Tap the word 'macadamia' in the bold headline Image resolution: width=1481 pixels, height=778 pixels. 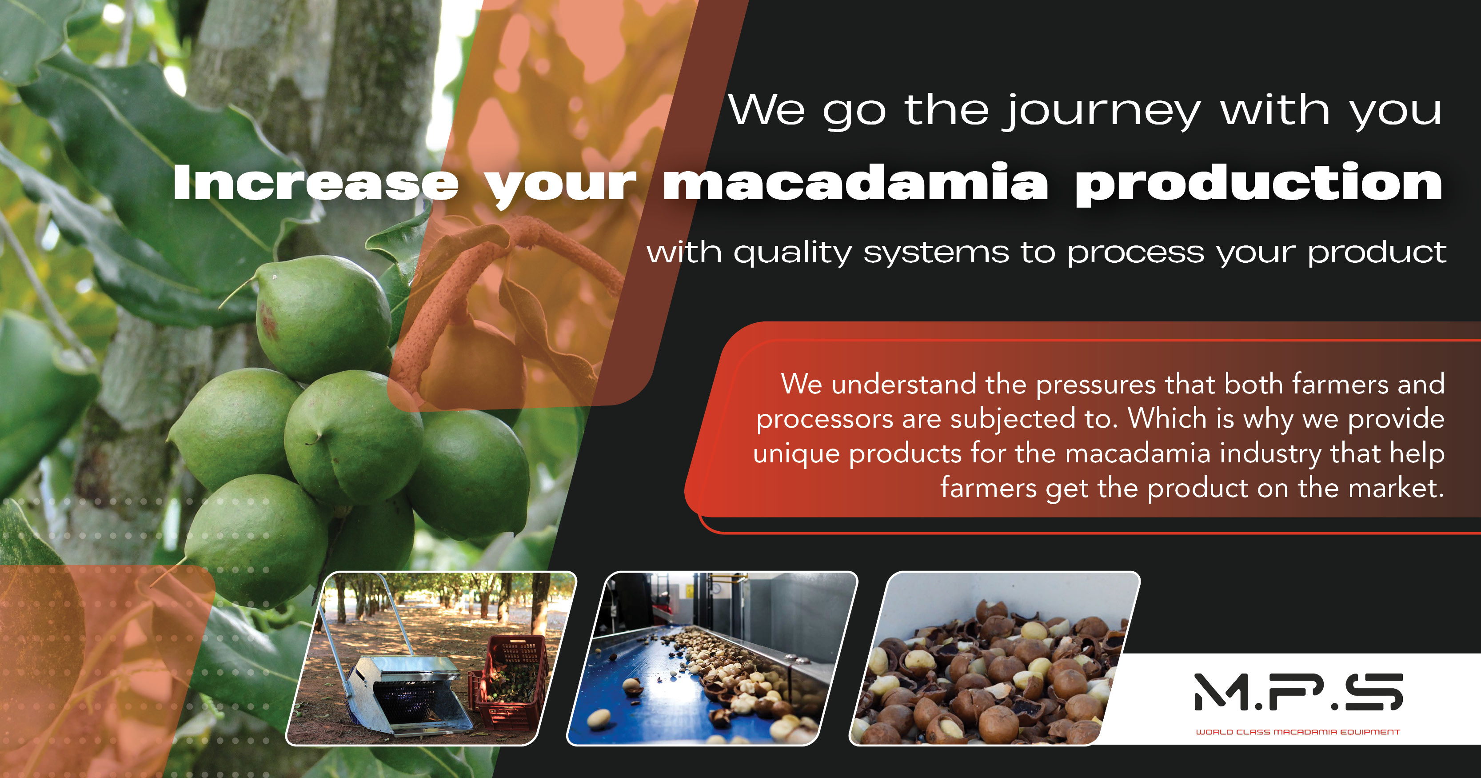pyautogui.click(x=855, y=183)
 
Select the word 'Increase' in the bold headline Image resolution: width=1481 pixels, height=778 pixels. pyautogui.click(x=315, y=183)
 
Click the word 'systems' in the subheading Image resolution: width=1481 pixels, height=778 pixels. pyautogui.click(x=936, y=253)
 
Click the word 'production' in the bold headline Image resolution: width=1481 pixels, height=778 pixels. pyautogui.click(x=1259, y=183)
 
